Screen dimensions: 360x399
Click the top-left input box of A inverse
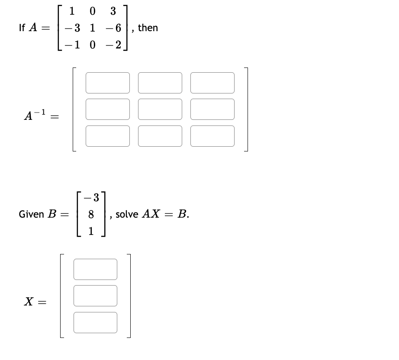point(108,83)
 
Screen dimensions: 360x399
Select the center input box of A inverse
point(160,109)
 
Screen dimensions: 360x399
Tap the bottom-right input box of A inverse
point(212,136)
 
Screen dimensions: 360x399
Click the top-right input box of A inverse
point(212,83)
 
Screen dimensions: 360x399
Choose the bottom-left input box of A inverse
point(108,136)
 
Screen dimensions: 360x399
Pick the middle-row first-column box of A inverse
point(108,109)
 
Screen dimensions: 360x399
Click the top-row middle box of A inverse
point(160,83)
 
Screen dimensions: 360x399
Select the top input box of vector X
point(95,269)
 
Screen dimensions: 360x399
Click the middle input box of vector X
point(95,296)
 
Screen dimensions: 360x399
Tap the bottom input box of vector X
point(95,322)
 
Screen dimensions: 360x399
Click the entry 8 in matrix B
point(91,214)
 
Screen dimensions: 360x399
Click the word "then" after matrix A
point(148,28)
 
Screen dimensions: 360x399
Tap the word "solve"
point(126,214)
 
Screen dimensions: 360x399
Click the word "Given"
point(31,214)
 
